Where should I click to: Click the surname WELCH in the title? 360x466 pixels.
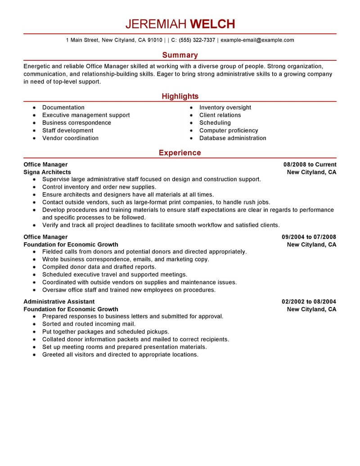(212, 24)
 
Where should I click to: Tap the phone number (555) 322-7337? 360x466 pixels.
(197, 40)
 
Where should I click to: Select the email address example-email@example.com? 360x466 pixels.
(258, 40)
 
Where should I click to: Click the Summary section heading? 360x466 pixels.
(180, 55)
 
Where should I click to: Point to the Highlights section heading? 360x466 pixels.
(180, 96)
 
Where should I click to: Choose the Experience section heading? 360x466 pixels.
(180, 153)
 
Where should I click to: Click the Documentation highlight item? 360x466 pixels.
(63, 108)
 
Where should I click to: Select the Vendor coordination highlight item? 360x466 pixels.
(70, 138)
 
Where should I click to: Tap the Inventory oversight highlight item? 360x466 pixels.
(225, 108)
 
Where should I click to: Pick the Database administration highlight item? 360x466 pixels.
(233, 138)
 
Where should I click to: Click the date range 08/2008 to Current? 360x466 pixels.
(310, 164)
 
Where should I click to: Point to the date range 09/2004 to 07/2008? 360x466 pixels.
(309, 237)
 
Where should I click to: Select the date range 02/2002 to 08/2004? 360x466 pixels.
(309, 302)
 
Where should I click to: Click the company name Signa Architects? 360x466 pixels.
(47, 172)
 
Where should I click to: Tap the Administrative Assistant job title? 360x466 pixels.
(59, 302)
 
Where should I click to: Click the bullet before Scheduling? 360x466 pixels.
(191, 123)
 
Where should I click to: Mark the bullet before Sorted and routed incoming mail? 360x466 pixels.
(34, 324)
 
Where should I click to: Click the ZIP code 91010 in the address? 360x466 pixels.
(154, 40)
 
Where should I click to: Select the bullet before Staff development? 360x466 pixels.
(34, 131)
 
